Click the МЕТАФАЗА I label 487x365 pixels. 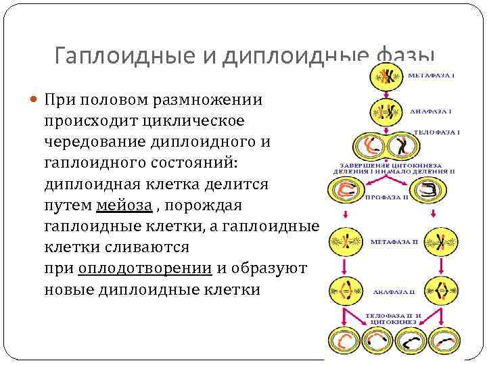pyautogui.click(x=431, y=75)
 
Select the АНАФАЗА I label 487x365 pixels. pyautogui.click(x=430, y=110)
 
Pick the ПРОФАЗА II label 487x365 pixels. pyautogui.click(x=386, y=198)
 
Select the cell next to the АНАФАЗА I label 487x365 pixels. pyautogui.click(x=386, y=112)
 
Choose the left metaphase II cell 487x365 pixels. pyautogui.click(x=346, y=241)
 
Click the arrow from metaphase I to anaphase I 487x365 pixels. pyautogui.click(x=386, y=94)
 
